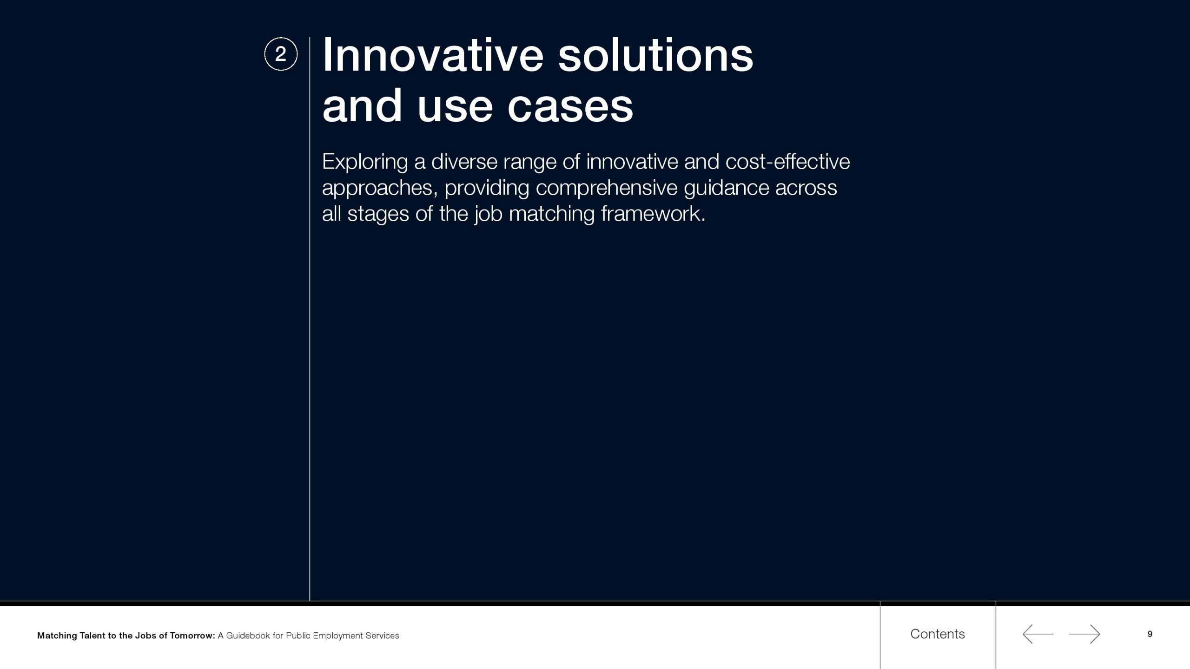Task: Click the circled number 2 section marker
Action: click(x=281, y=54)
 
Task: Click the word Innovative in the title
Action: click(x=433, y=55)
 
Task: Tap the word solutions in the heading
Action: click(x=655, y=55)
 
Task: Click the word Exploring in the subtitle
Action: click(x=365, y=163)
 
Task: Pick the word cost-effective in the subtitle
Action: click(x=787, y=162)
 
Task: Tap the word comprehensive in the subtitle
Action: click(x=607, y=189)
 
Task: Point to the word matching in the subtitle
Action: click(x=552, y=215)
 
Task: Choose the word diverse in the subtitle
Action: click(x=464, y=162)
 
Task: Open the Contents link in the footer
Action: click(x=938, y=634)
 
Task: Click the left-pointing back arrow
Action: click(x=1038, y=634)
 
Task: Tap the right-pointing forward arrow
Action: click(x=1084, y=634)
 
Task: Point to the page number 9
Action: click(x=1150, y=634)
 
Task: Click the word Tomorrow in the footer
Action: click(x=192, y=636)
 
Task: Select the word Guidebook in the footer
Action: click(x=248, y=636)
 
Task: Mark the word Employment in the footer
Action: click(x=338, y=636)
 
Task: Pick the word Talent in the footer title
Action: click(x=93, y=636)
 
